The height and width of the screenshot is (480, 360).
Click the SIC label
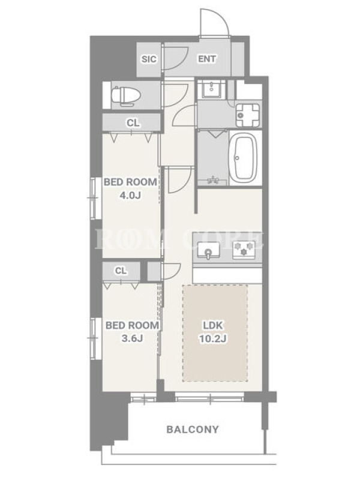pyautogui.click(x=149, y=59)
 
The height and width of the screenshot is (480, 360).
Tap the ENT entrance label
pyautogui.click(x=207, y=59)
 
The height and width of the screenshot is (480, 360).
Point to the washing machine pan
pyautogui.click(x=247, y=115)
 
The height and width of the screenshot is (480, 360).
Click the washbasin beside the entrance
pyautogui.click(x=212, y=88)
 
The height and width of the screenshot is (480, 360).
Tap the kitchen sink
pyautogui.click(x=208, y=251)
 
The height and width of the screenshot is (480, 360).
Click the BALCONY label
pyautogui.click(x=193, y=429)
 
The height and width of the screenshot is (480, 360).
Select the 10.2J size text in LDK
pyautogui.click(x=213, y=338)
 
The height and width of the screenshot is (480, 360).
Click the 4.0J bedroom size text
pyautogui.click(x=130, y=195)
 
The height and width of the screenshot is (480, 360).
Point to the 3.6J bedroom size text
pyautogui.click(x=132, y=338)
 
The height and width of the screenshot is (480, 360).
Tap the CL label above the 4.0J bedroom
pyautogui.click(x=133, y=123)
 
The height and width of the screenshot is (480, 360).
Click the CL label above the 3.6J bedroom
pyautogui.click(x=121, y=271)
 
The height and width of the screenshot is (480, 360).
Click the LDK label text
pyautogui.click(x=213, y=325)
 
